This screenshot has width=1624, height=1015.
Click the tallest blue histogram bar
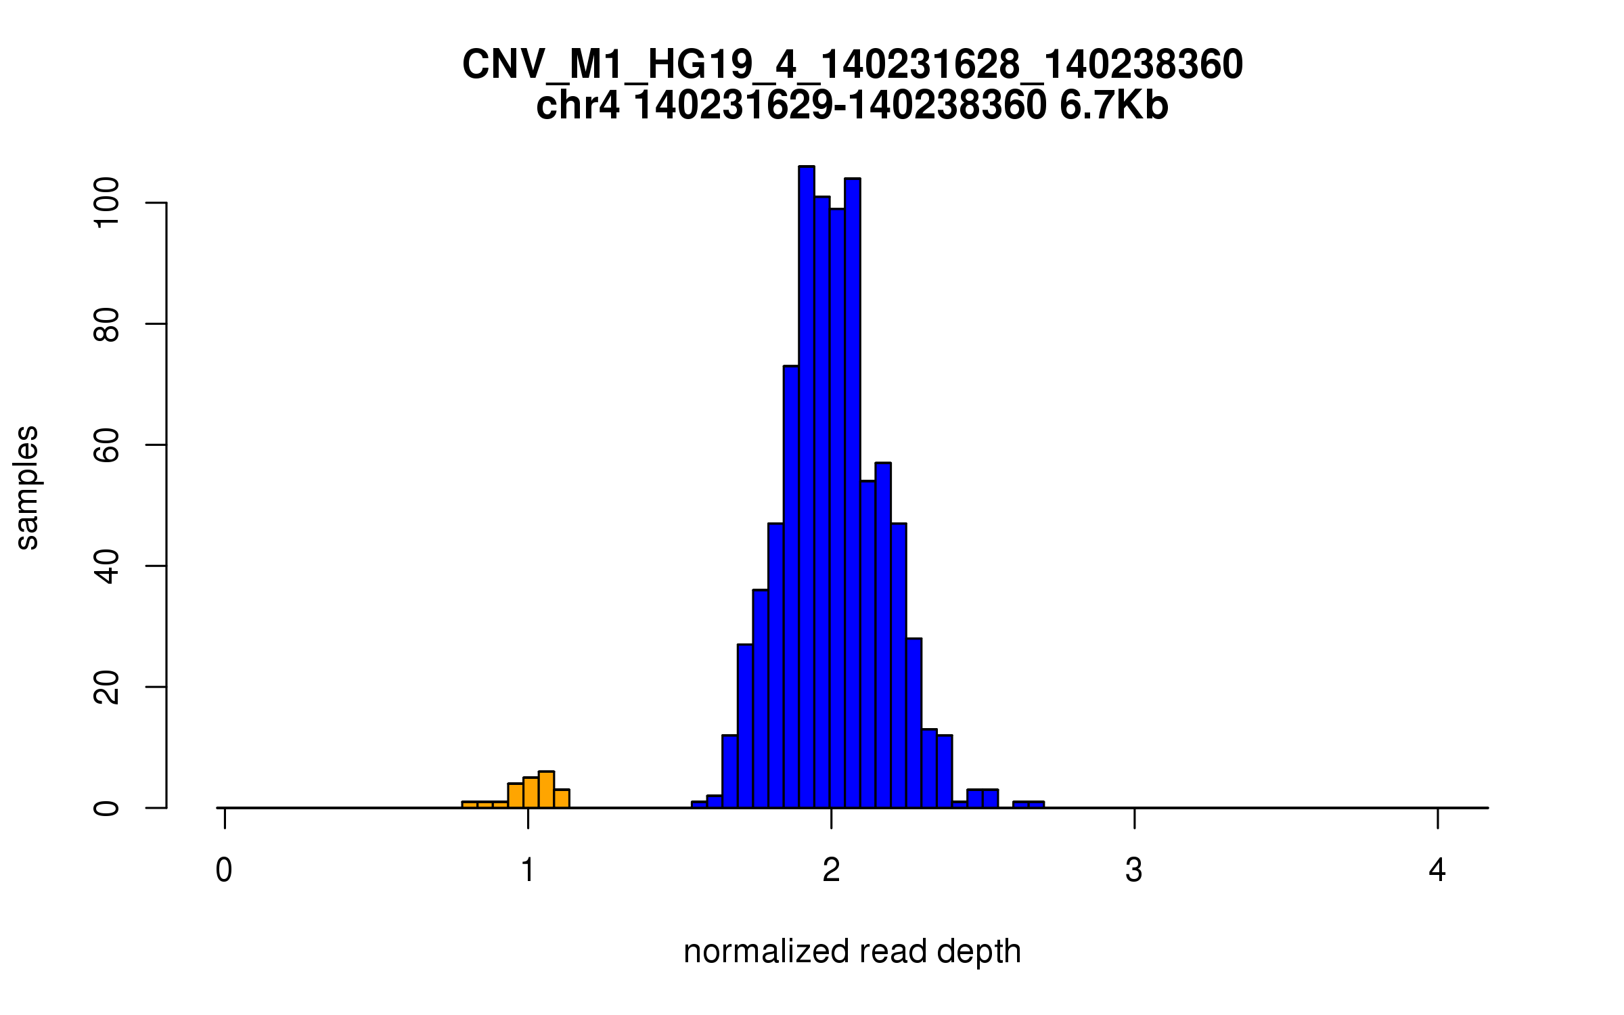point(806,487)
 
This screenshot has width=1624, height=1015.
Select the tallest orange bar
point(546,790)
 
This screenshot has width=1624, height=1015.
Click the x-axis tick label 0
point(224,870)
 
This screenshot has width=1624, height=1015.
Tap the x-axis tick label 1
point(528,870)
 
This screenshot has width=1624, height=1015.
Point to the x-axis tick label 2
point(831,870)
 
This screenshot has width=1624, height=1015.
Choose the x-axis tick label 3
point(1134,870)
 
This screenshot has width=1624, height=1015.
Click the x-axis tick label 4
point(1437,870)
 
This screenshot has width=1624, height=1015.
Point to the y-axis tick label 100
point(107,202)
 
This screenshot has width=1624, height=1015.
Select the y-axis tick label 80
point(107,324)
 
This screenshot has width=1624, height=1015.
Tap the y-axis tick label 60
point(107,445)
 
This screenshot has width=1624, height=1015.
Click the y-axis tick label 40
point(107,566)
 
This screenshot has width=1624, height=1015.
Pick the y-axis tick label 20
point(107,687)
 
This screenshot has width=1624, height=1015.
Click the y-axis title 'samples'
point(27,487)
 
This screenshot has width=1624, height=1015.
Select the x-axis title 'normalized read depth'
point(852,951)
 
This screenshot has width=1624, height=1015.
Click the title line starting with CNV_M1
point(852,65)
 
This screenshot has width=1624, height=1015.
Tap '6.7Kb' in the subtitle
point(1114,106)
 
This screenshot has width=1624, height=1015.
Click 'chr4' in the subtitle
point(577,106)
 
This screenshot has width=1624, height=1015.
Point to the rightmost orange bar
point(562,799)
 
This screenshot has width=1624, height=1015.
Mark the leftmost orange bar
point(470,805)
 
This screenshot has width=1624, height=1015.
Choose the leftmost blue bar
point(699,805)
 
